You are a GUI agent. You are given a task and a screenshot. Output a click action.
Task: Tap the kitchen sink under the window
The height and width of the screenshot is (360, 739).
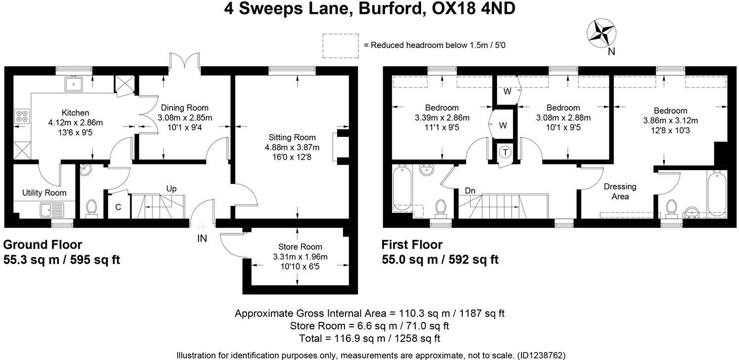(74, 84)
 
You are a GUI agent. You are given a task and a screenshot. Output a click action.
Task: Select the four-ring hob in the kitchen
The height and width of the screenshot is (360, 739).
(22, 116)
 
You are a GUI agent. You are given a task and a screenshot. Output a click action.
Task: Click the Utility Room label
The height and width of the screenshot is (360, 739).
(44, 192)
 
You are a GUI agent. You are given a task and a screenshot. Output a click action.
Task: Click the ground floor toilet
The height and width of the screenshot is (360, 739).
(91, 208)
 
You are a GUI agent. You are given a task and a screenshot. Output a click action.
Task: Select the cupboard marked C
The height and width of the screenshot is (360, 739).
(118, 207)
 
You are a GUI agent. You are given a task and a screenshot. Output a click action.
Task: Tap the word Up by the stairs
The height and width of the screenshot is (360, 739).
(171, 189)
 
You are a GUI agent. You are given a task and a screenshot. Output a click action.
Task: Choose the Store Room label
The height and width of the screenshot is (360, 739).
(300, 247)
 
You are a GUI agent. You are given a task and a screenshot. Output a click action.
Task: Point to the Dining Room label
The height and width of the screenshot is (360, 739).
(185, 107)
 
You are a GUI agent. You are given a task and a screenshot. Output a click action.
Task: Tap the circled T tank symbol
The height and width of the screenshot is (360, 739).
(505, 152)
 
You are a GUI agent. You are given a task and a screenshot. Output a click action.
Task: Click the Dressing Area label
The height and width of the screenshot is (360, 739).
(620, 191)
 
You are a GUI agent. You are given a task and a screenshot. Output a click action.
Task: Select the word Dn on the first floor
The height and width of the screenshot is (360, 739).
(470, 190)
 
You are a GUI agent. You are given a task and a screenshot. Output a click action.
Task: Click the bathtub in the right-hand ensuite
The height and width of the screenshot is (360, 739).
(716, 193)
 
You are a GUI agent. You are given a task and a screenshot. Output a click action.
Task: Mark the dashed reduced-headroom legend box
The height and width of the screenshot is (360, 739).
(341, 45)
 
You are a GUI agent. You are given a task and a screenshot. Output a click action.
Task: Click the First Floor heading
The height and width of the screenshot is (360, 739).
(412, 245)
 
